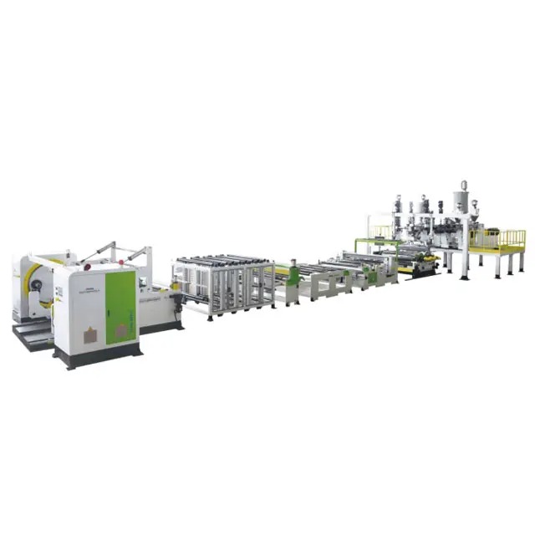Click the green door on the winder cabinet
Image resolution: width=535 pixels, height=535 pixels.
120,308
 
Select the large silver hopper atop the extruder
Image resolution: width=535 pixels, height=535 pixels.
461,201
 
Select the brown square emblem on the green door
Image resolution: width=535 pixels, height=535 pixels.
121,331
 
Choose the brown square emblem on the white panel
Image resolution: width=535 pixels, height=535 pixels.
90,335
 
